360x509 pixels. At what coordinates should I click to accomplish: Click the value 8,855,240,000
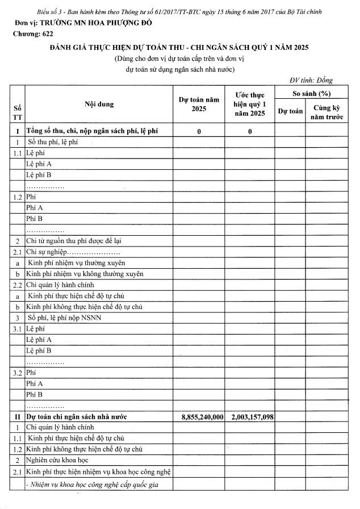tap(202, 416)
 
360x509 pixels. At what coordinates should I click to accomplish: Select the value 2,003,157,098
tap(252, 416)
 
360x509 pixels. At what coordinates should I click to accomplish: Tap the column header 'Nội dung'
tap(99, 105)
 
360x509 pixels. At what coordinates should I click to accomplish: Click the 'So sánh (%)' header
tap(307, 93)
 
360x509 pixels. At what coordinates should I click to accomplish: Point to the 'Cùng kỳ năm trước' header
tap(323, 111)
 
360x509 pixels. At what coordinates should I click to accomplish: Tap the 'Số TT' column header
tap(16, 111)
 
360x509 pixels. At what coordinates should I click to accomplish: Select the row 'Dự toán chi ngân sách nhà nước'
tap(77, 416)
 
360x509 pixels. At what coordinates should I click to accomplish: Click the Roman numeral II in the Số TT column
tap(16, 416)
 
